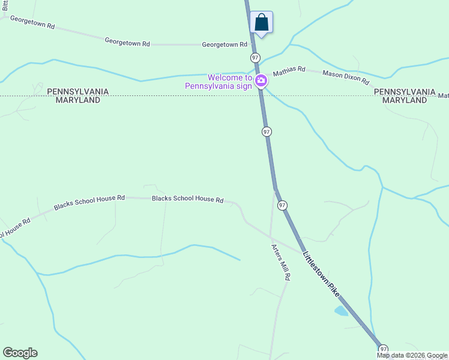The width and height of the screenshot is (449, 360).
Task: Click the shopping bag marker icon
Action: click(x=261, y=22)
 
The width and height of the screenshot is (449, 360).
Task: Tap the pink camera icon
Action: click(x=261, y=81)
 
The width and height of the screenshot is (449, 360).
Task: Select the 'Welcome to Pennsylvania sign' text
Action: click(x=218, y=82)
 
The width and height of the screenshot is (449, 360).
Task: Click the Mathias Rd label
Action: click(x=289, y=71)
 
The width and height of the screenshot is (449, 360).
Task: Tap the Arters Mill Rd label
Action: click(x=281, y=262)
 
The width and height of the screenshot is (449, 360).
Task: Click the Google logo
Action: click(x=20, y=353)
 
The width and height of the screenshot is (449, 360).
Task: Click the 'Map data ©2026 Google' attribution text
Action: click(x=412, y=355)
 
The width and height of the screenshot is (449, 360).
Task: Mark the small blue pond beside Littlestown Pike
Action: click(x=341, y=311)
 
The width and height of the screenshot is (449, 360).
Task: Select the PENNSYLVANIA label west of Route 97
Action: click(x=78, y=92)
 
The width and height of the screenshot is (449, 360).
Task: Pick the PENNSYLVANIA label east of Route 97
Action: click(x=405, y=92)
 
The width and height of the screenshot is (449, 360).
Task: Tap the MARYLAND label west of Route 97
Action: click(x=78, y=100)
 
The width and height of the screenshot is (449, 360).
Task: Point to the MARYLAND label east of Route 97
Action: click(x=405, y=100)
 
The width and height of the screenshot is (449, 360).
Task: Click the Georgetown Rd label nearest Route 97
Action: click(x=224, y=44)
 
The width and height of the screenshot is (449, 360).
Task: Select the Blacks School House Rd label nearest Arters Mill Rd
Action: click(x=187, y=199)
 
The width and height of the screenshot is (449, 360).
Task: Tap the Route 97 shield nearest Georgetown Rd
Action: click(x=255, y=57)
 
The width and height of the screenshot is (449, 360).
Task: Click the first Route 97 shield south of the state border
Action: click(x=267, y=131)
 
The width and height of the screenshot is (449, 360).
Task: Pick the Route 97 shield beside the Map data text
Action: click(x=383, y=349)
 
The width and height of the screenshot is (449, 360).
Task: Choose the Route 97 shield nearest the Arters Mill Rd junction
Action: click(x=282, y=205)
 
